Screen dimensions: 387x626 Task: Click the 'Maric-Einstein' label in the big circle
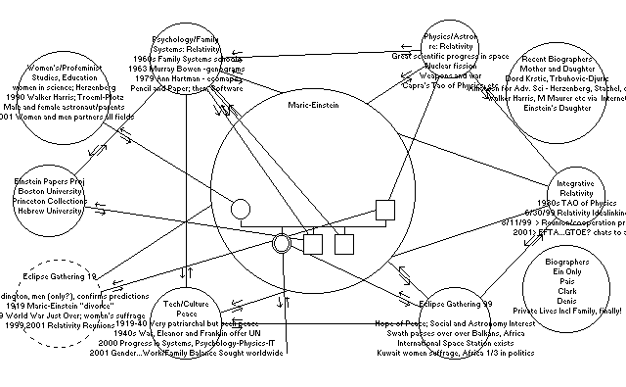(313, 104)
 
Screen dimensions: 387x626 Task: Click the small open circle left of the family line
(238, 208)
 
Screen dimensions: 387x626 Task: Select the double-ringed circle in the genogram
(282, 242)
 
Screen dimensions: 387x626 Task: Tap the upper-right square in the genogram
(384, 208)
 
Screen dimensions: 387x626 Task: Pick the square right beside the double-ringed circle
(314, 243)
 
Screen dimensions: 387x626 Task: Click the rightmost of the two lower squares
(344, 243)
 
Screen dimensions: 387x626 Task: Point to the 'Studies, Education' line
(47, 78)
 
